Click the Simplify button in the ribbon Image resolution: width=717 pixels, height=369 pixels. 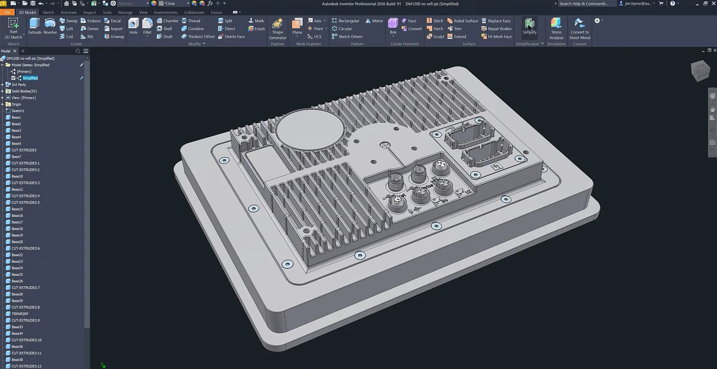point(529,26)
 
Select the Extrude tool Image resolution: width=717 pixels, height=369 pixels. point(35,26)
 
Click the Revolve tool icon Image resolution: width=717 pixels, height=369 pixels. point(50,26)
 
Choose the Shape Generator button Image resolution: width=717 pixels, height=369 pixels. point(277,28)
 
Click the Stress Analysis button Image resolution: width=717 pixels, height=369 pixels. point(556,28)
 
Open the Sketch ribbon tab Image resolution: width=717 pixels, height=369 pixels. point(48,12)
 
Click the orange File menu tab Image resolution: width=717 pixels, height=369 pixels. point(7,12)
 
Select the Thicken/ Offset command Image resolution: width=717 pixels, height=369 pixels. point(198,37)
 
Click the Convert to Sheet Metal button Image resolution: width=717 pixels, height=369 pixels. point(579,28)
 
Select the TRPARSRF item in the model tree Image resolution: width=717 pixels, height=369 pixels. point(20,314)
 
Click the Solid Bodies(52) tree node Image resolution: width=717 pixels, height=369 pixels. point(24,91)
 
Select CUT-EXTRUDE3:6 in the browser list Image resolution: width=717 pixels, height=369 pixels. point(25,248)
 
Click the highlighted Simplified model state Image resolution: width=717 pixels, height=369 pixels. point(30,78)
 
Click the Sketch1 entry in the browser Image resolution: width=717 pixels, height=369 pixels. point(18,111)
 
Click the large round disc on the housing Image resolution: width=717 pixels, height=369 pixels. point(310,129)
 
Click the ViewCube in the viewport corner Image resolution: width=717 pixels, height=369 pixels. point(700,70)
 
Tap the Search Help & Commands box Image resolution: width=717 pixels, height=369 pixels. point(585,4)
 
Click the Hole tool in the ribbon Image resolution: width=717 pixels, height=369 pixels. point(133,26)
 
